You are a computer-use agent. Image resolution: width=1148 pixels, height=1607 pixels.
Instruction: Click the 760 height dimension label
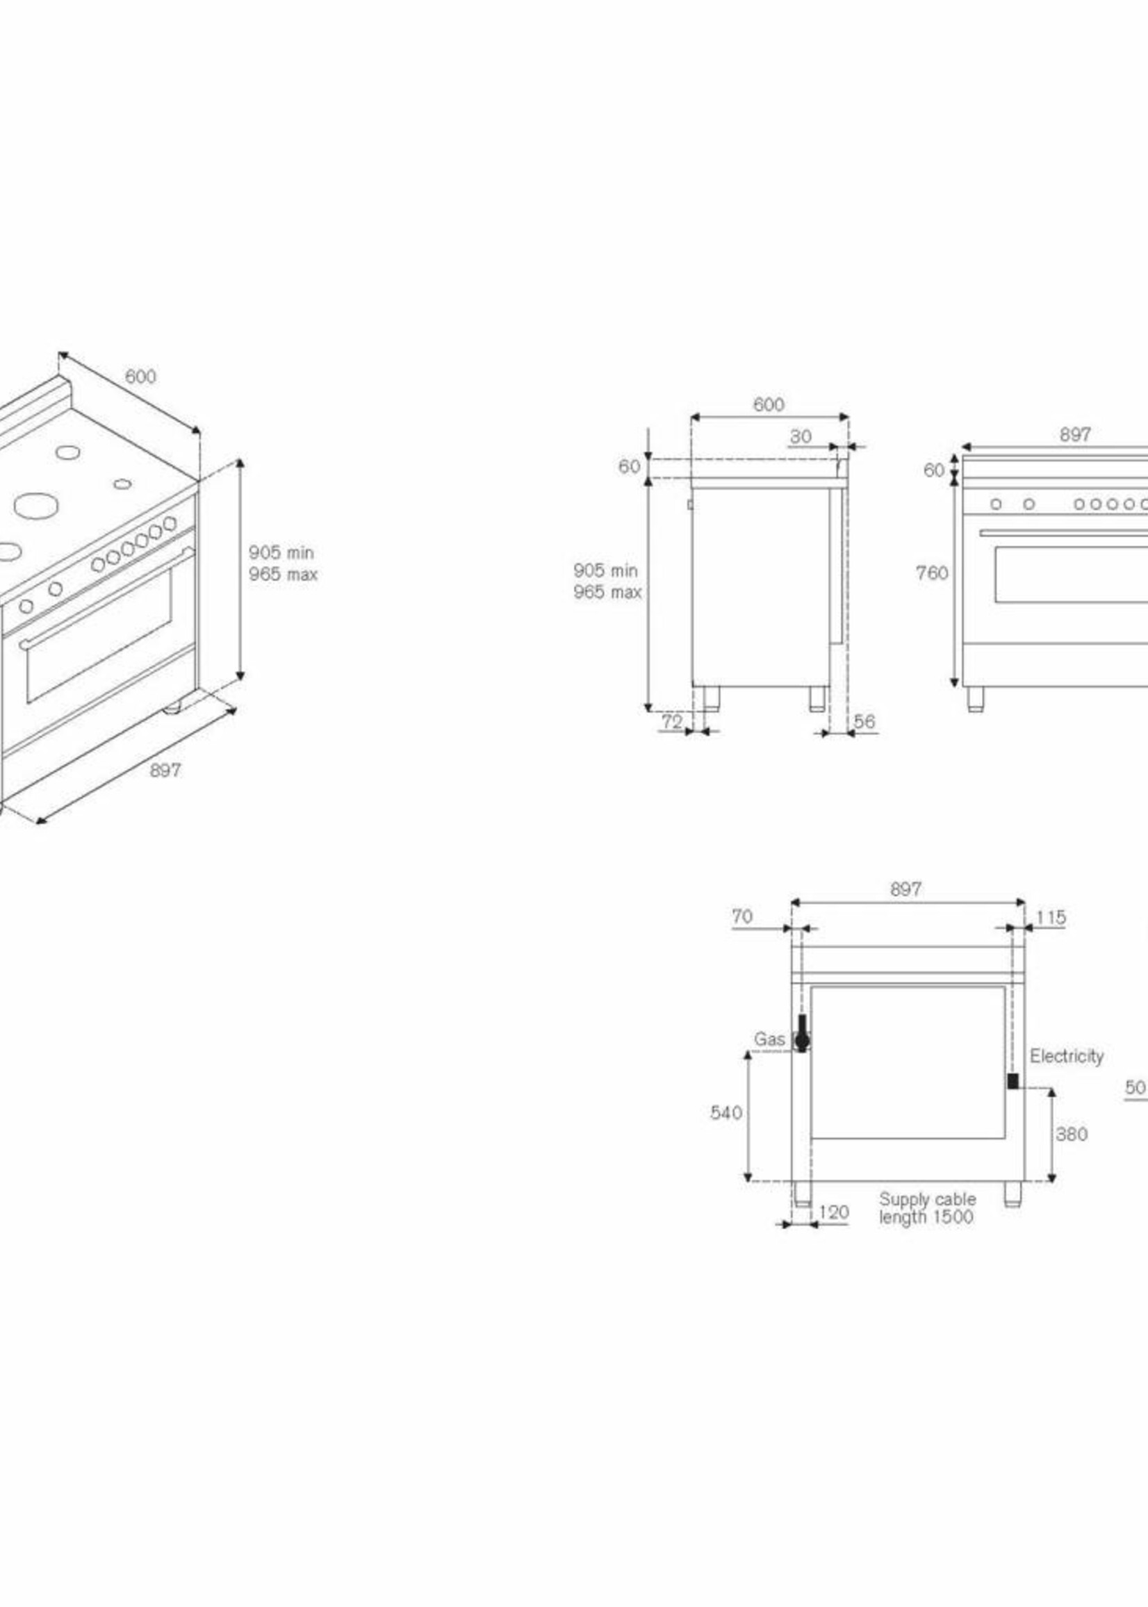point(932,573)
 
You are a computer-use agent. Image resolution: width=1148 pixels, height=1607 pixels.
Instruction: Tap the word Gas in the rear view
point(769,1039)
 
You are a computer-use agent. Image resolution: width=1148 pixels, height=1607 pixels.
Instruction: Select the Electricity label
point(1066,1056)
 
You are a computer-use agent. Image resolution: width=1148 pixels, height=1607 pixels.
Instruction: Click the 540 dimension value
point(726,1113)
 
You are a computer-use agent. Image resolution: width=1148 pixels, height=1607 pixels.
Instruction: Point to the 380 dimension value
point(1071,1135)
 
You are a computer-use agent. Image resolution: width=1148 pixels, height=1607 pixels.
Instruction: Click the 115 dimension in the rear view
point(1051,918)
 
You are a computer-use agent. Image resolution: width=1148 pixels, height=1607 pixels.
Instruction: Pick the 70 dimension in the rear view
point(742,916)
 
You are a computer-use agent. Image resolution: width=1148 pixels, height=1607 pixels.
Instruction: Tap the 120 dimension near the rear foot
point(833,1212)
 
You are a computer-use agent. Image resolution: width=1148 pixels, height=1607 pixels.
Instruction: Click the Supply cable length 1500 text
point(927,1208)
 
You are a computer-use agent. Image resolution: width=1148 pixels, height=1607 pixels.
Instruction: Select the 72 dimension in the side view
point(671,722)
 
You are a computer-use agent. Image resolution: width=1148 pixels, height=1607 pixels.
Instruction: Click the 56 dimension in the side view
point(864,722)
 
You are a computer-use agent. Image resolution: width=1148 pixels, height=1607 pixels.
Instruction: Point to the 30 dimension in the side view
point(801,437)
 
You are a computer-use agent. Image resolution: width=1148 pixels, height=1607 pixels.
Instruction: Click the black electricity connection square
point(1012,1081)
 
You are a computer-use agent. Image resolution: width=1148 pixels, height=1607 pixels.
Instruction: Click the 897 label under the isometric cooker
point(165,770)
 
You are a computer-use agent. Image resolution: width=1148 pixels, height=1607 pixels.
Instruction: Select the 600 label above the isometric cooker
point(140,377)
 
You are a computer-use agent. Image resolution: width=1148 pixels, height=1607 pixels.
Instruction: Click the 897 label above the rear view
point(905,889)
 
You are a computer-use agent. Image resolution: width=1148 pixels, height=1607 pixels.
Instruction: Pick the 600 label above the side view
point(769,404)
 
